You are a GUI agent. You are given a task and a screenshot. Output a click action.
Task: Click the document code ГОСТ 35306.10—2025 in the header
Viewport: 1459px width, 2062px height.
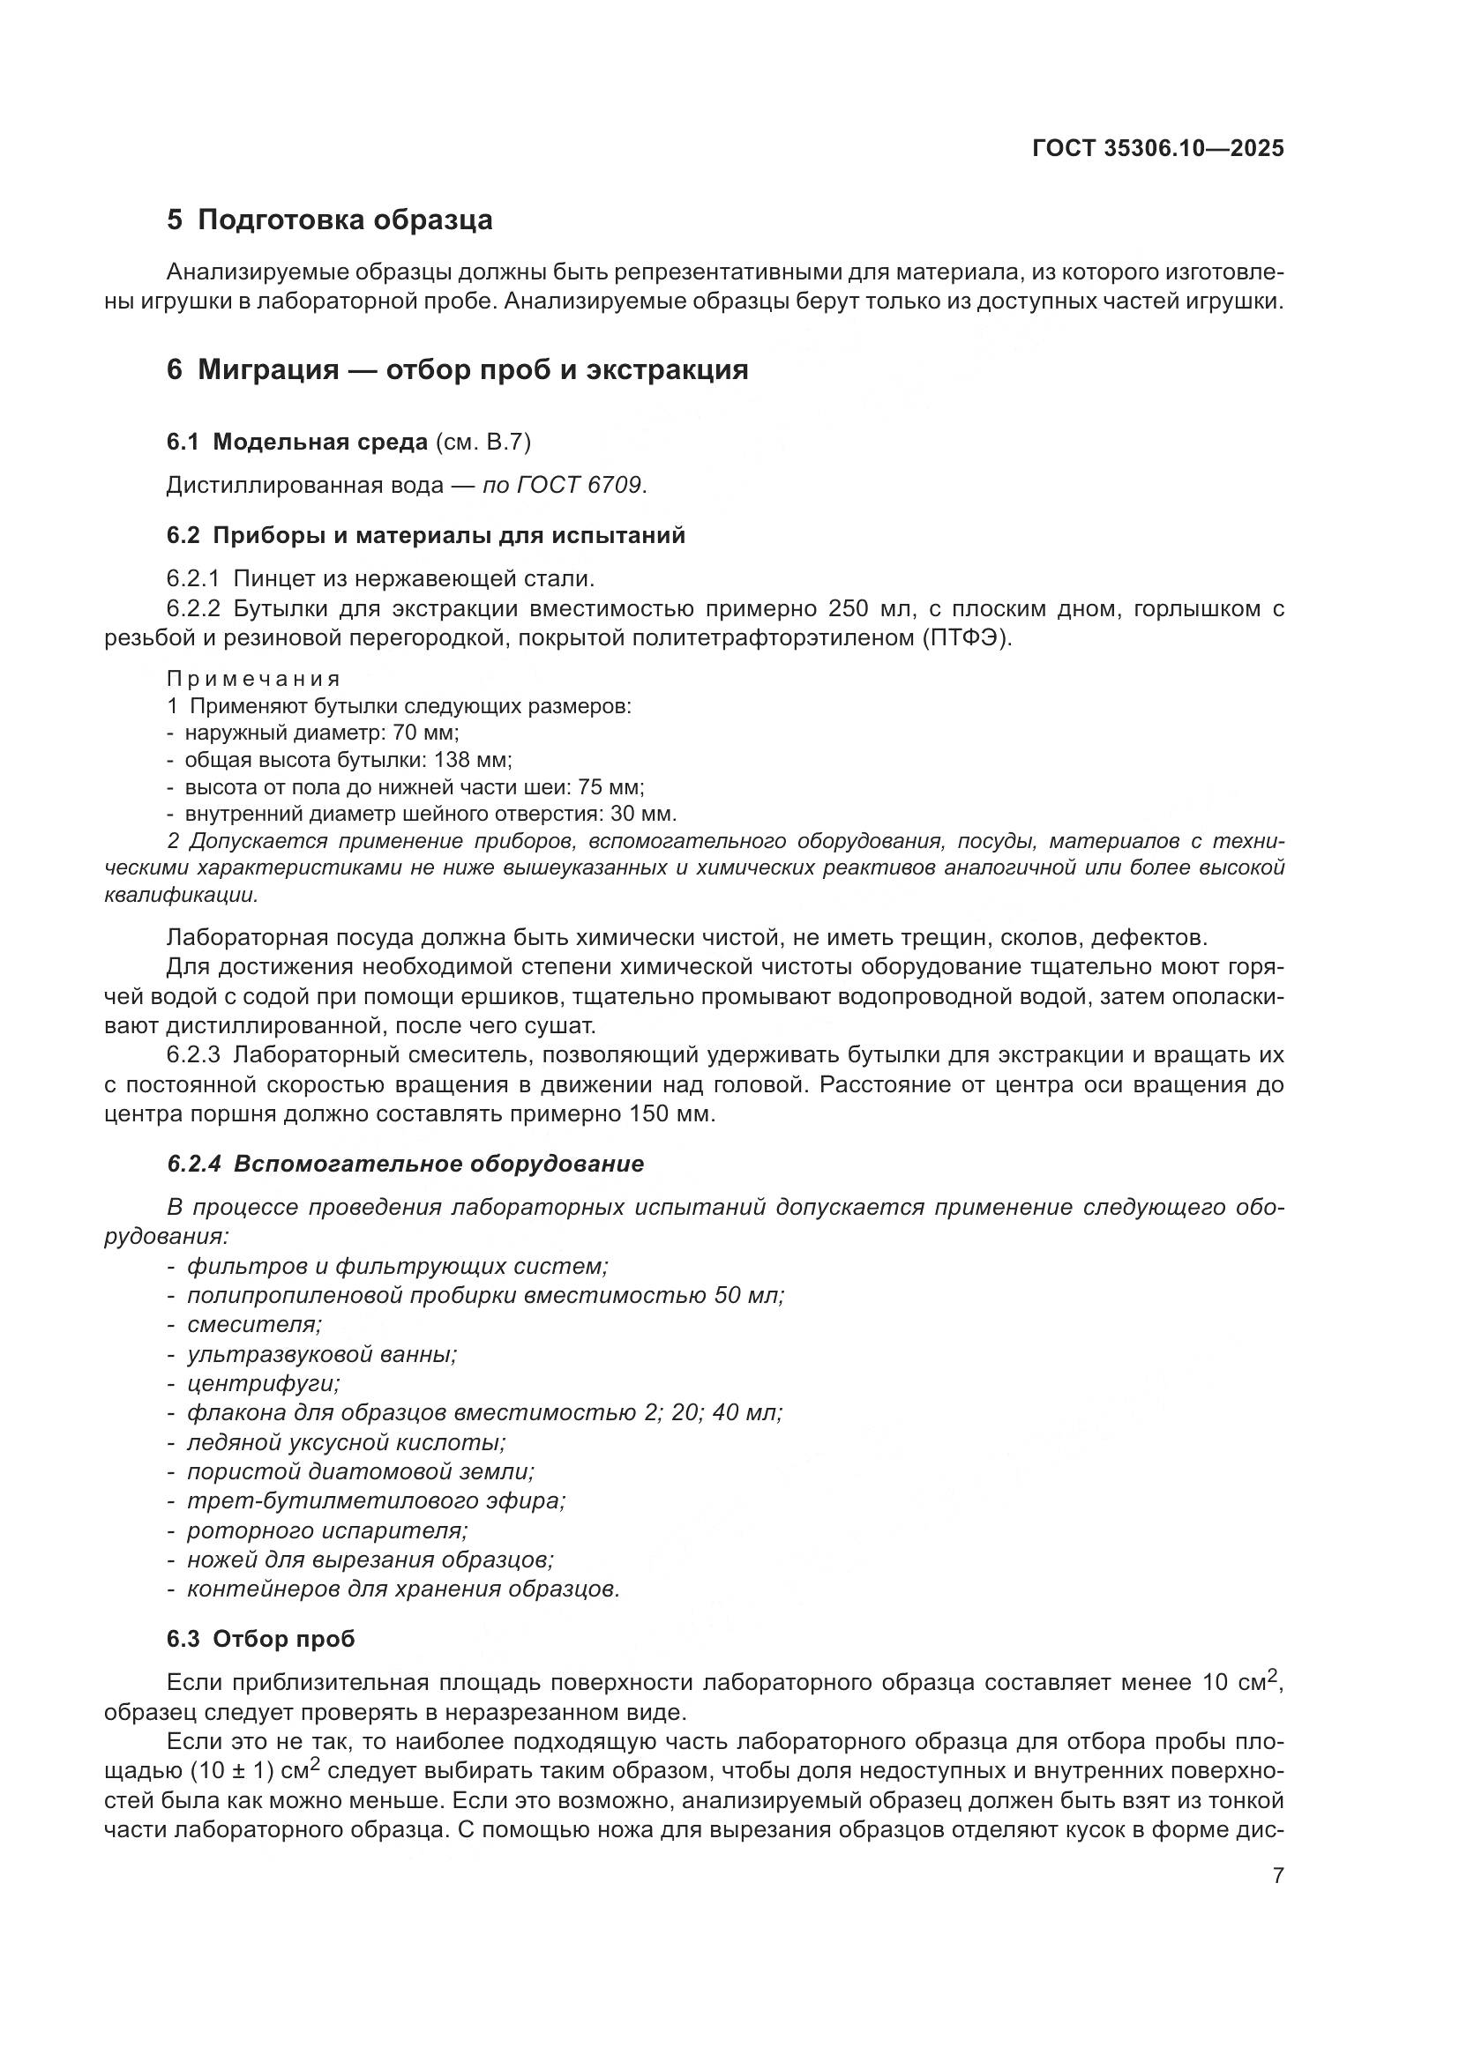click(x=1157, y=149)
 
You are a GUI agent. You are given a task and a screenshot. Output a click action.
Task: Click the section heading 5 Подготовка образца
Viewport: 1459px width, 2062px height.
click(x=329, y=220)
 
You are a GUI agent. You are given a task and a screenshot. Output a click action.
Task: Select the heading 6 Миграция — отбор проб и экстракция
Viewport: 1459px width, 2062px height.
click(x=456, y=369)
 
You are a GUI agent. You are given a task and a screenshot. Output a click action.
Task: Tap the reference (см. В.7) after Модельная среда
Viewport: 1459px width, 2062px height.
click(x=483, y=442)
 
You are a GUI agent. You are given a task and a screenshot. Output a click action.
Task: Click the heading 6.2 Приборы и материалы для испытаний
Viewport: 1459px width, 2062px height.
click(x=425, y=535)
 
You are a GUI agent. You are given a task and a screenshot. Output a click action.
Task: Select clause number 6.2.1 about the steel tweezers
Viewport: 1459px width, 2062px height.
click(x=192, y=578)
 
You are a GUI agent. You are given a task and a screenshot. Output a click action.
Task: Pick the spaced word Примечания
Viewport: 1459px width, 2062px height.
click(x=253, y=679)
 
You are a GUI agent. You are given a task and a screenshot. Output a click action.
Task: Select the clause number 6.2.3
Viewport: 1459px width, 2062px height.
click(x=192, y=1054)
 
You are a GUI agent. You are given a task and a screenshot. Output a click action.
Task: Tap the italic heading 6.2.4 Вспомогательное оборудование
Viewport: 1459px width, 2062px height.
click(x=405, y=1164)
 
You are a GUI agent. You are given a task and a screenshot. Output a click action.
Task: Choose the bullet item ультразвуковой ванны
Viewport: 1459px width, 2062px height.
click(x=322, y=1354)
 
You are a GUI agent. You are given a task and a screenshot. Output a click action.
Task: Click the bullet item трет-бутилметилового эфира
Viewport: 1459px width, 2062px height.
click(x=376, y=1500)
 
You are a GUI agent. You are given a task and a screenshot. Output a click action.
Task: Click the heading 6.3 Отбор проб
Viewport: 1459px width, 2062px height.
click(x=260, y=1639)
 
